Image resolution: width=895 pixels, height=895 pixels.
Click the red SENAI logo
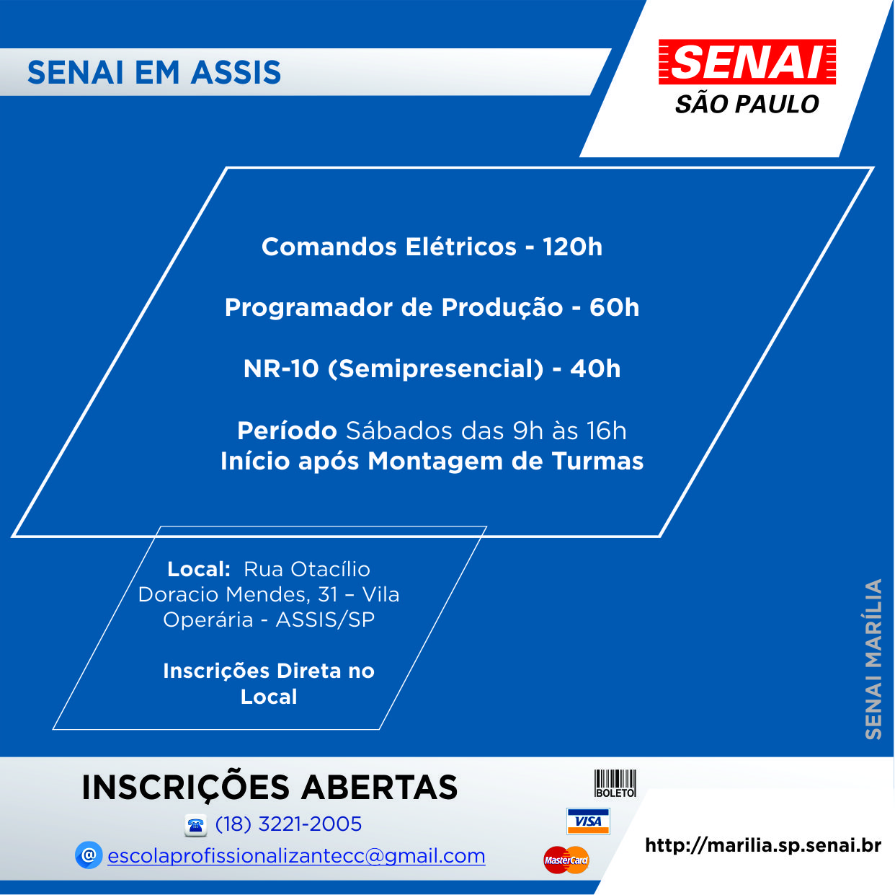pos(747,62)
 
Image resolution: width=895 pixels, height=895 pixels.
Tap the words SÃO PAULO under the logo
pos(747,103)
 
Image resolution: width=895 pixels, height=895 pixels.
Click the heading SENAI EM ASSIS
pos(154,73)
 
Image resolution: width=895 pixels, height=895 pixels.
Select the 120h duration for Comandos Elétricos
pos(572,247)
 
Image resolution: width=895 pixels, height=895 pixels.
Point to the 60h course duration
pos(614,307)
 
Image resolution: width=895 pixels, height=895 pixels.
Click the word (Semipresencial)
pos(436,369)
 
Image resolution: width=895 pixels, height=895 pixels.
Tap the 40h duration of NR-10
pos(595,369)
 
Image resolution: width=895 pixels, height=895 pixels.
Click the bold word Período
pos(287,431)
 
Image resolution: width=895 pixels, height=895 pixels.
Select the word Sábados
pos(398,431)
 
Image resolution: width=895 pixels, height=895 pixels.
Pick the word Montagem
pos(435,462)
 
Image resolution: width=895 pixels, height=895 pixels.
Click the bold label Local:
pos(199,570)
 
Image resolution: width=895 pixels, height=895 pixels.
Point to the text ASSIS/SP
pos(325,620)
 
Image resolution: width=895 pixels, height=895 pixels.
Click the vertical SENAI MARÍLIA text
pos(873,659)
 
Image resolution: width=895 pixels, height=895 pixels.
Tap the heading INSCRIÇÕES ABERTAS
pos(270,788)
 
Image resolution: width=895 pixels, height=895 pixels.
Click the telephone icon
pos(195,825)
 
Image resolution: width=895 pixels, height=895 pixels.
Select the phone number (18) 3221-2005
pos(288,824)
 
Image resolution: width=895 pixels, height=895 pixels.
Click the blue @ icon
pos(89,855)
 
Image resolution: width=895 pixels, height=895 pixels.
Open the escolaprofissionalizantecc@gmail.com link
pos(296,856)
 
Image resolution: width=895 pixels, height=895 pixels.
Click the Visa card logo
pos(588,821)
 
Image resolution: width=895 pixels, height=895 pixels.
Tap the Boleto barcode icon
pos(615,784)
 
